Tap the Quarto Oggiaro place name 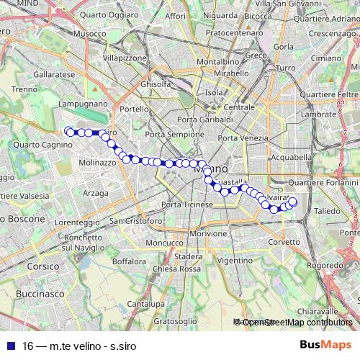tap(109, 14)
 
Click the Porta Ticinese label tap(187, 205)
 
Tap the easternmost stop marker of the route tap(292, 203)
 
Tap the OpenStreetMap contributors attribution tap(293, 323)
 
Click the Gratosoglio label tap(176, 320)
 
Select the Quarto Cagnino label tap(35, 144)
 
